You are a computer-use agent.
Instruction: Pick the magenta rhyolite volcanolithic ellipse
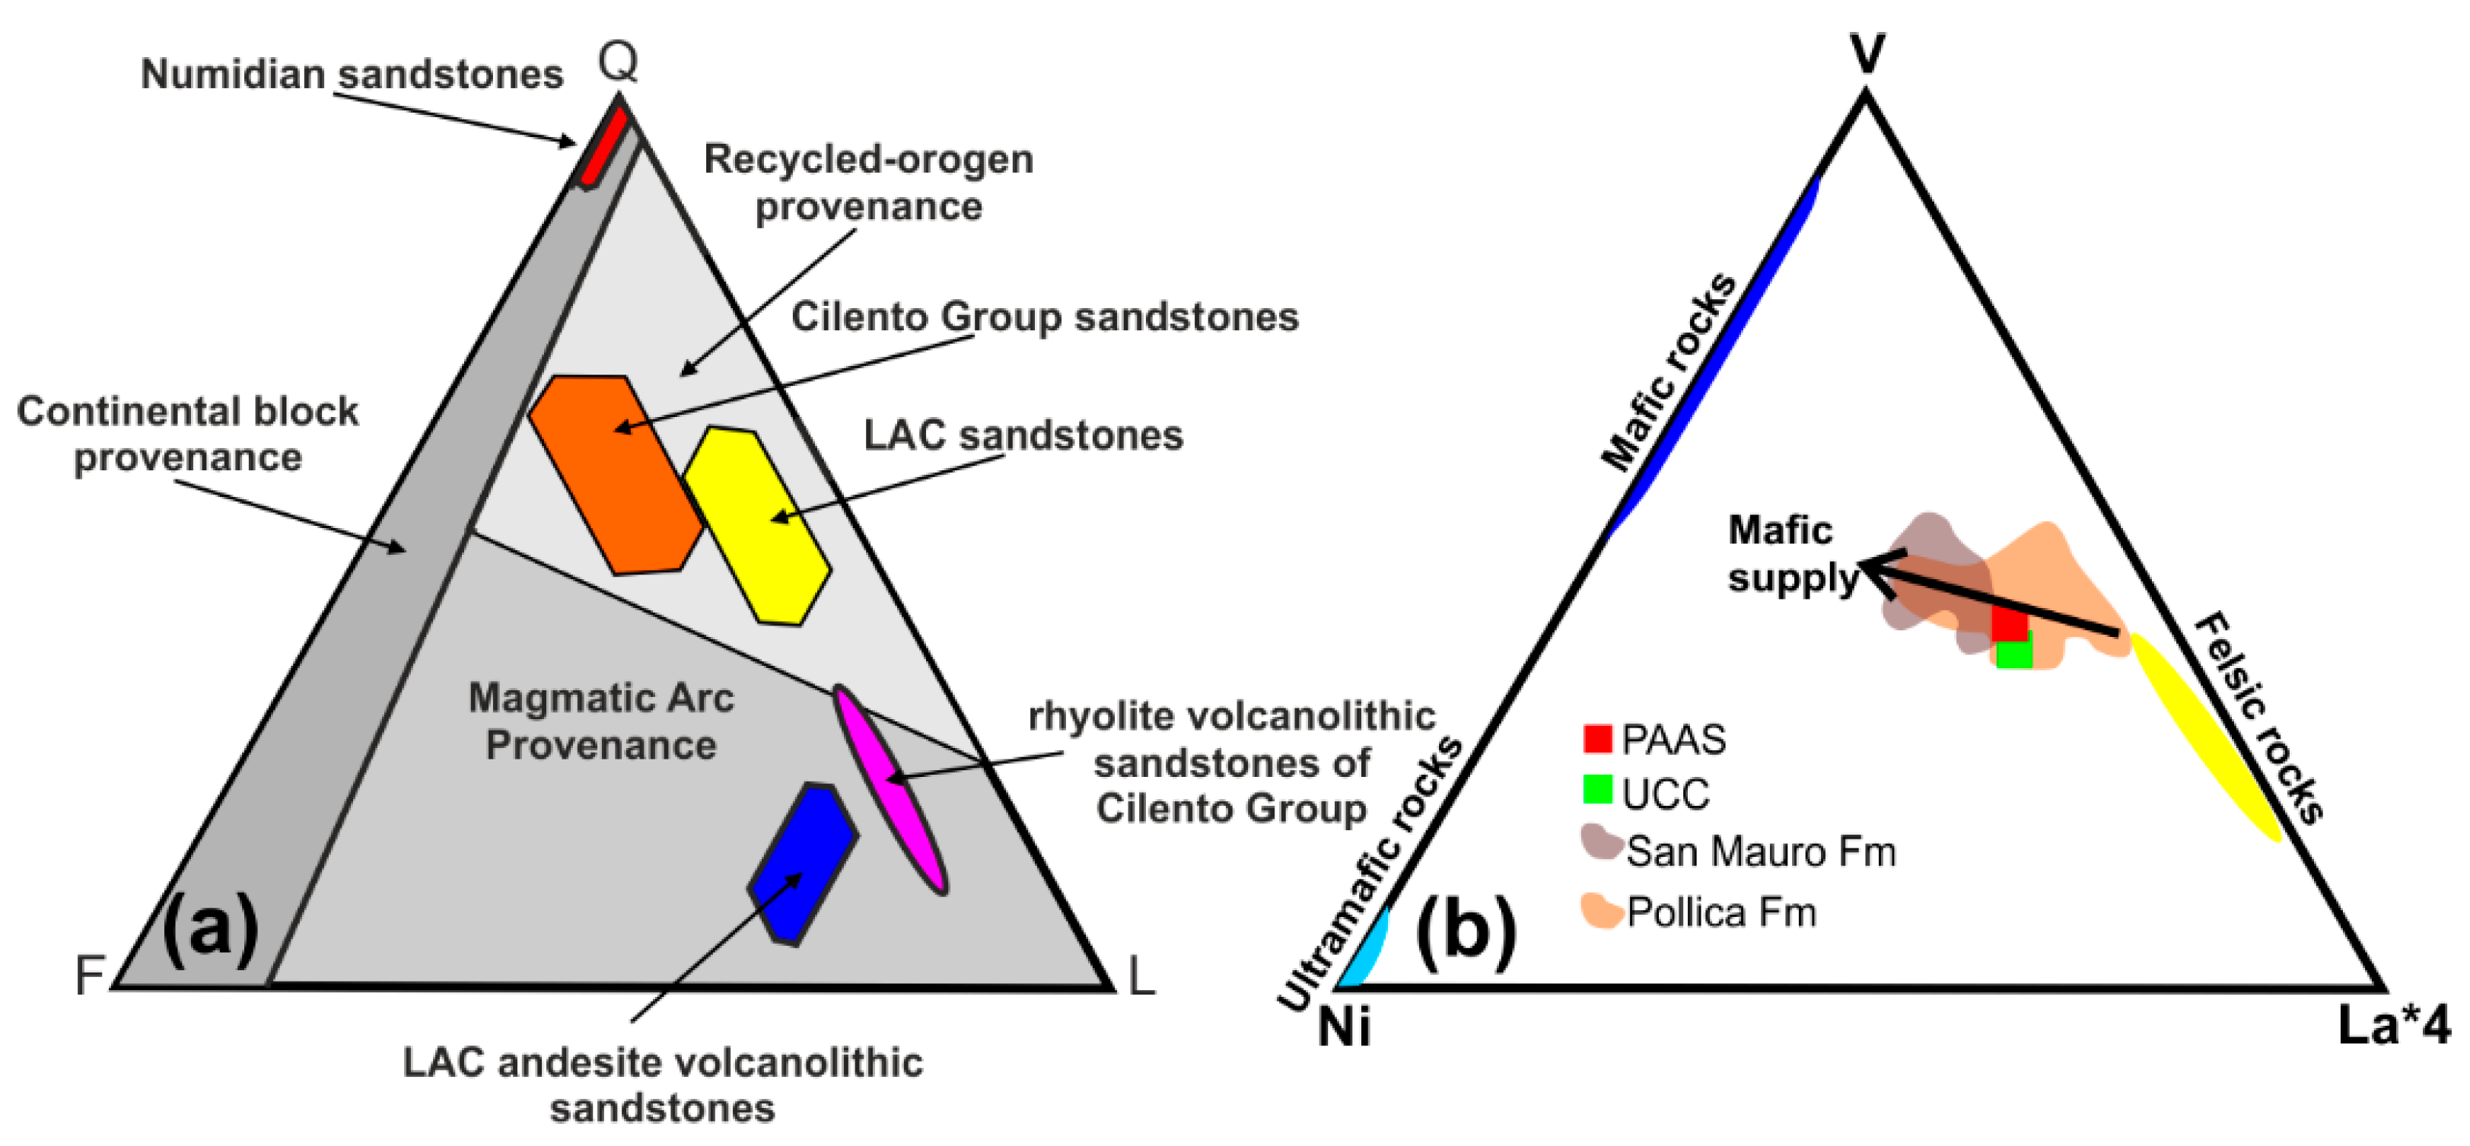(x=890, y=790)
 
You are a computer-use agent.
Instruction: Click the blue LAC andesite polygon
(x=804, y=864)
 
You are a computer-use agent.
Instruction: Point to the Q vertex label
(x=619, y=62)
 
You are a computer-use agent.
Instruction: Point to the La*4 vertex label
(x=2393, y=1025)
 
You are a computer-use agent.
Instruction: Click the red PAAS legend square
(x=1597, y=737)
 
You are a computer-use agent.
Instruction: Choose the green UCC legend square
(x=1597, y=789)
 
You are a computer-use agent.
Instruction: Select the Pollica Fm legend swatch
(x=1600, y=909)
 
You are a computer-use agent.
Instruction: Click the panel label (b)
(x=1465, y=930)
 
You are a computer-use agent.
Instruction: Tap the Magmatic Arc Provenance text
(x=600, y=721)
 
